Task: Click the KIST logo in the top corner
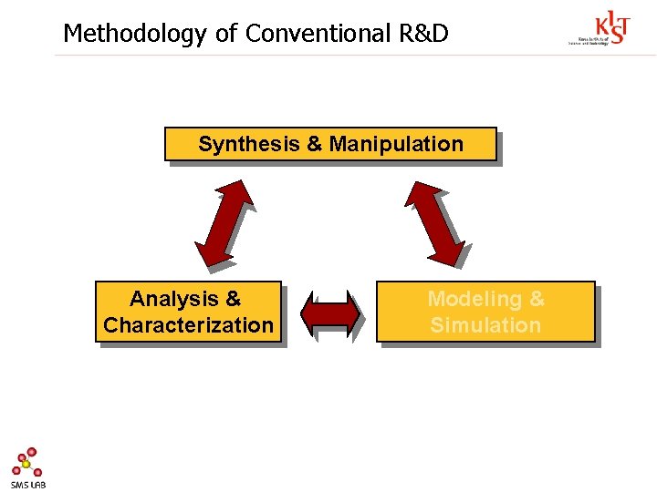(610, 27)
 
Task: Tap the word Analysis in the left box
(173, 299)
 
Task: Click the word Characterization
(188, 325)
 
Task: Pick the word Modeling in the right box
(474, 299)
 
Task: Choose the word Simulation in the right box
(485, 325)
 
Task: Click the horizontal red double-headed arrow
(329, 313)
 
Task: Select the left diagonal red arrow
(224, 222)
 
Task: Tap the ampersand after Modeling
(537, 299)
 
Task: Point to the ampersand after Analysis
(233, 299)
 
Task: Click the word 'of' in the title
(225, 34)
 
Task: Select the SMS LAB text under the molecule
(27, 485)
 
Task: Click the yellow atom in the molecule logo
(26, 464)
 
